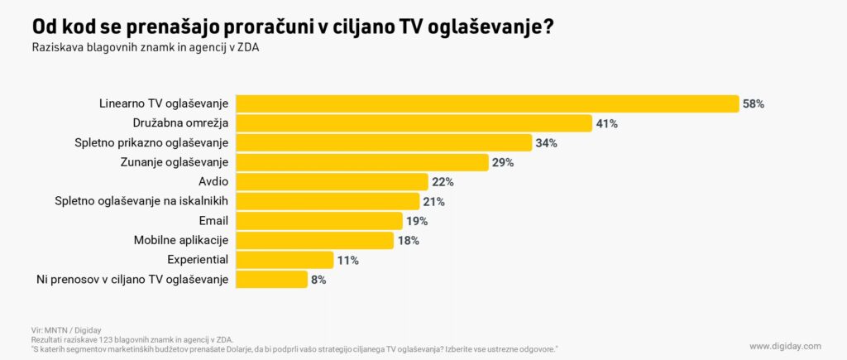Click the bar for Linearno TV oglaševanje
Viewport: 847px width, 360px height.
(x=487, y=103)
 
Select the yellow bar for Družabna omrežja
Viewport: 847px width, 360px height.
(x=414, y=123)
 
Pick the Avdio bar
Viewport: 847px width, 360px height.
(x=332, y=182)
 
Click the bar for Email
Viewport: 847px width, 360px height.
(x=319, y=221)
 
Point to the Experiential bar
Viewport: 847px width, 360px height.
(x=285, y=260)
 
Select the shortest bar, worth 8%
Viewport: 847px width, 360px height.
(x=271, y=280)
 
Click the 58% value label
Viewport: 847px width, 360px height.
(x=754, y=104)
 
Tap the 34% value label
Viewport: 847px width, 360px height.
(x=546, y=143)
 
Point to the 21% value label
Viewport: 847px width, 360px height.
(x=433, y=202)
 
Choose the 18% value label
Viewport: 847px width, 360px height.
(x=408, y=241)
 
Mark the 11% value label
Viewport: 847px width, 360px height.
(x=347, y=261)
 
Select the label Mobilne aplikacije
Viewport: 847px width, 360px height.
(x=180, y=240)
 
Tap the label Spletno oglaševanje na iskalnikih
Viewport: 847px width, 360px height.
(x=141, y=201)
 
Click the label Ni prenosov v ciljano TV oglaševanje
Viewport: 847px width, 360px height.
(x=132, y=280)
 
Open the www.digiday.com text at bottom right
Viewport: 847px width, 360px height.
(x=785, y=346)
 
